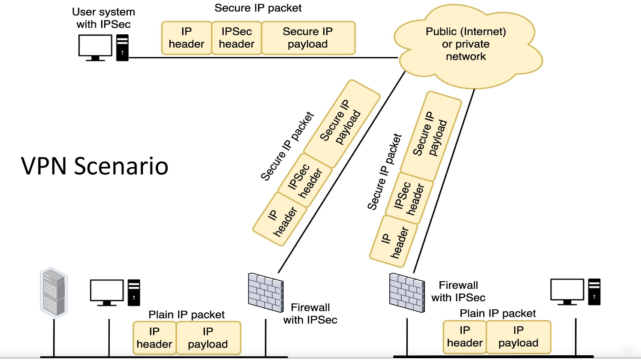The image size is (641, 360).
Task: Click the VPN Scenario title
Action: tap(94, 166)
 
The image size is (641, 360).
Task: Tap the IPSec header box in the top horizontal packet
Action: tap(237, 38)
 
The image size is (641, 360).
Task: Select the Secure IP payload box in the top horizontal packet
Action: tap(308, 38)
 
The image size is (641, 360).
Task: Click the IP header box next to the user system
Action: tap(187, 38)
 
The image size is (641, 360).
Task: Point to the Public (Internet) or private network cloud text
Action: tap(466, 44)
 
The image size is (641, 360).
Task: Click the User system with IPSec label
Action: tap(103, 18)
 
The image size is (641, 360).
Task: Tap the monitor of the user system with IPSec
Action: tap(95, 48)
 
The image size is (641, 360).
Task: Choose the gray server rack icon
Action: tap(54, 292)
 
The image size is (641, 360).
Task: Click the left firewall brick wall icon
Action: tap(265, 292)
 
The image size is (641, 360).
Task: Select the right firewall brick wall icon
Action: tap(406, 292)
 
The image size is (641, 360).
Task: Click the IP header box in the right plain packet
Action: tap(465, 337)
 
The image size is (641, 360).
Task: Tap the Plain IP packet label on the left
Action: tap(186, 315)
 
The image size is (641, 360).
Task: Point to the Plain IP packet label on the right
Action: tap(498, 313)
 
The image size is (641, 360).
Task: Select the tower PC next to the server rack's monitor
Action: tap(134, 293)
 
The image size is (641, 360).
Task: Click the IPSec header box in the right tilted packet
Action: tap(409, 198)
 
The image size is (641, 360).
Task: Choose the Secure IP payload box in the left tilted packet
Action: tap(342, 123)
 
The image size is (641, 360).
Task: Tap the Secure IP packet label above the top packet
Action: tap(258, 8)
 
